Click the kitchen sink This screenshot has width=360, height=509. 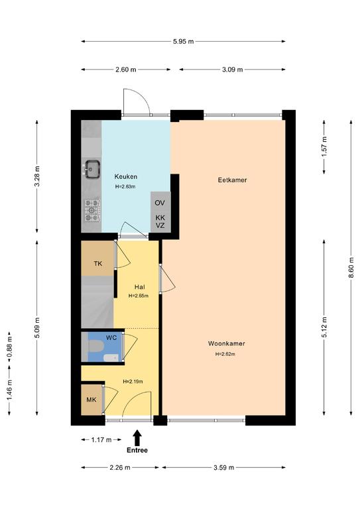(x=92, y=169)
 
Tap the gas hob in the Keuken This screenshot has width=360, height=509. (x=92, y=210)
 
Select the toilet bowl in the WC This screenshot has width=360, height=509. (x=95, y=346)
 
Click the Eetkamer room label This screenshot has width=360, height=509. (x=233, y=180)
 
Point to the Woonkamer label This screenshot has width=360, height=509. (x=226, y=343)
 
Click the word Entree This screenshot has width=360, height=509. (x=137, y=450)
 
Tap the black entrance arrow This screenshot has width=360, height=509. (x=137, y=437)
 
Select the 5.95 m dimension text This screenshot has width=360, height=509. (x=184, y=41)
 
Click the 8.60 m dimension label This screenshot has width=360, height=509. (x=351, y=268)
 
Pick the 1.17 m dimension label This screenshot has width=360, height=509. (x=101, y=440)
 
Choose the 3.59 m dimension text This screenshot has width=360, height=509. (x=223, y=467)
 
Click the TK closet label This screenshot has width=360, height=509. (x=97, y=264)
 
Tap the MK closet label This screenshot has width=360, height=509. (x=91, y=400)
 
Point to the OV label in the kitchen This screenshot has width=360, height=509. (x=160, y=203)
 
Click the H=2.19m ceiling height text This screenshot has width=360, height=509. (x=133, y=382)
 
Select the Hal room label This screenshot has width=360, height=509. (x=140, y=287)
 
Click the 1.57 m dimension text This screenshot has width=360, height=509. (x=324, y=146)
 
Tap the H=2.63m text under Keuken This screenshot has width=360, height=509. (x=125, y=187)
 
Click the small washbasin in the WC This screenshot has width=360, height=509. (x=111, y=358)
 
